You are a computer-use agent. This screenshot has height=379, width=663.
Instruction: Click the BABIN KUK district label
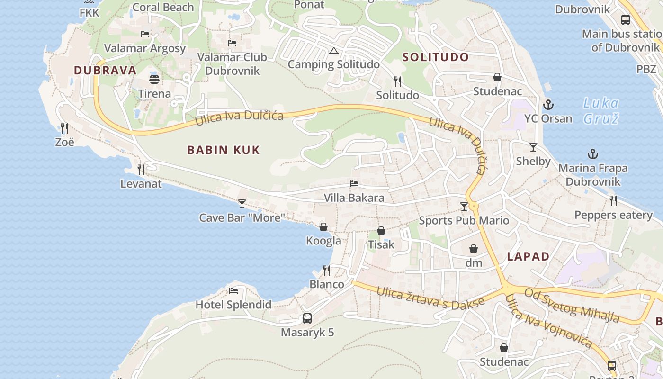click(224, 150)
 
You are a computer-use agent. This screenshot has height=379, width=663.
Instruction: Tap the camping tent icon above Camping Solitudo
click(333, 51)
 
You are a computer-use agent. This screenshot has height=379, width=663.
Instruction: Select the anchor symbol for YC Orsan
click(548, 104)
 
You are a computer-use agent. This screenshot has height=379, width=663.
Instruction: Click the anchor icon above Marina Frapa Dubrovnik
click(592, 154)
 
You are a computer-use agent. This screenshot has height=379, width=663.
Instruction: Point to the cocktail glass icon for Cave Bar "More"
click(242, 204)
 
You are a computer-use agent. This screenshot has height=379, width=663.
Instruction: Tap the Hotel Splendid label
click(233, 305)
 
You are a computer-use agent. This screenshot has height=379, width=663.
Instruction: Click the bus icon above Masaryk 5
click(307, 318)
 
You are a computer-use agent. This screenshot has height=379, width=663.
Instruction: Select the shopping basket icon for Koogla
click(323, 227)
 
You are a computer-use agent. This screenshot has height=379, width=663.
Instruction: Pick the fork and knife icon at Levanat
click(141, 169)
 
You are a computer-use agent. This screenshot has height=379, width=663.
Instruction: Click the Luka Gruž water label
click(600, 110)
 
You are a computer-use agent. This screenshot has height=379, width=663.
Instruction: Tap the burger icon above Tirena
click(154, 79)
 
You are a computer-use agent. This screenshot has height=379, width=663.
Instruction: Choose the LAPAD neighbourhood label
click(528, 257)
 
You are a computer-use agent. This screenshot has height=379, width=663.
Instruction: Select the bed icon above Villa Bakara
click(354, 184)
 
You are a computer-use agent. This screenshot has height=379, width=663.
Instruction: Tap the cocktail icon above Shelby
click(533, 147)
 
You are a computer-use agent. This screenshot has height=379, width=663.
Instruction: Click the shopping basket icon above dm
click(474, 249)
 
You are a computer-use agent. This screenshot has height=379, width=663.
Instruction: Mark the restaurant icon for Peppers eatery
click(613, 201)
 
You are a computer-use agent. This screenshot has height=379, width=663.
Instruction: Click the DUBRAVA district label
click(105, 71)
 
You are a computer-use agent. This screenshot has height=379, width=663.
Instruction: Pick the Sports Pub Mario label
click(464, 220)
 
